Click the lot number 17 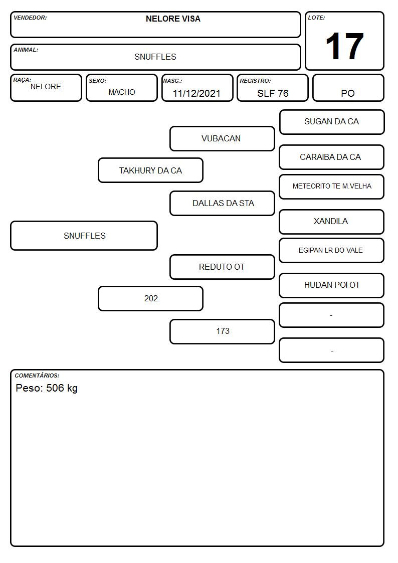344,46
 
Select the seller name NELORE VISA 173,19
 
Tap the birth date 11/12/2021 196,93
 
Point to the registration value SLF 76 273,93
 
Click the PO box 348,88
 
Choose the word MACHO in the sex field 122,92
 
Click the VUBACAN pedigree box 222,138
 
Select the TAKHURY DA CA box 151,170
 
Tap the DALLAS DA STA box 222,203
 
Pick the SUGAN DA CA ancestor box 332,122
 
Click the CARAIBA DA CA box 332,157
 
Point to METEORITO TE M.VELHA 332,186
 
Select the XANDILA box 332,222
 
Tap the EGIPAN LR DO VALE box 332,250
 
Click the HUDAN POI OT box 332,285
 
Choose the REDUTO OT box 222,267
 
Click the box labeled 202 151,298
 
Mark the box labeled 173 222,331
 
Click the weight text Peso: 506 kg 47,388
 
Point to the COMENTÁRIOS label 37,376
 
